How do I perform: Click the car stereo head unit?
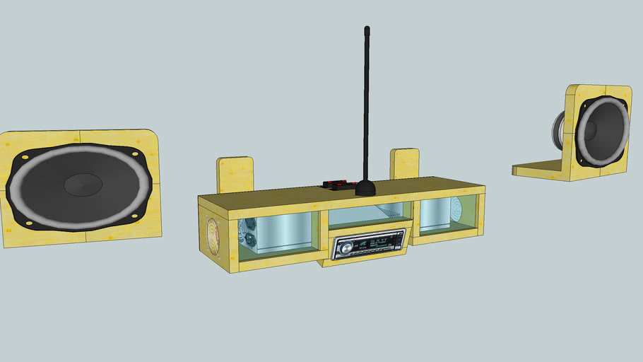coord(368,245)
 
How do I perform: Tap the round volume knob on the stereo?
coord(345,247)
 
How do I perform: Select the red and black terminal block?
coord(338,185)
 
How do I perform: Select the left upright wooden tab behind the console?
coord(235,175)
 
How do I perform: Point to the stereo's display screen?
coord(374,243)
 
